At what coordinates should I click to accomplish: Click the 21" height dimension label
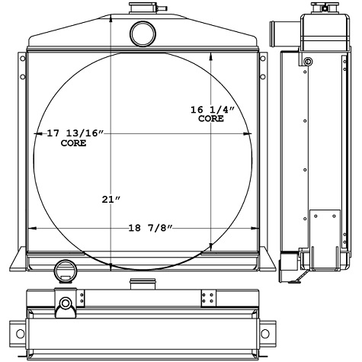pos(111,200)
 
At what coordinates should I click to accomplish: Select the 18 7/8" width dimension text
pos(150,228)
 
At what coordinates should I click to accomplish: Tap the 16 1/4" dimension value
pos(213,110)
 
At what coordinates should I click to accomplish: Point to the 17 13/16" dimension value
pos(75,133)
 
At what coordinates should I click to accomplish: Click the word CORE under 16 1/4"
pos(211,119)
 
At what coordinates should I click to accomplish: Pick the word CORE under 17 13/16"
pos(73,143)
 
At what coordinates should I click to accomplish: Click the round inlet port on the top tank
pos(143,34)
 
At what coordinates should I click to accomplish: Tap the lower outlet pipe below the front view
pos(65,271)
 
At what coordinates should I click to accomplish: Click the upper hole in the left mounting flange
pos(23,59)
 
